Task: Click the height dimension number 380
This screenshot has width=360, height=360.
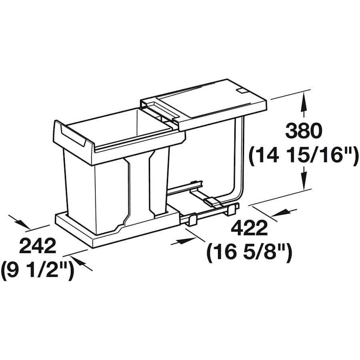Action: point(304,131)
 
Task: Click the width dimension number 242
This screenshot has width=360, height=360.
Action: point(38,246)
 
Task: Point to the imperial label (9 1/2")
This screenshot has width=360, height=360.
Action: point(38,270)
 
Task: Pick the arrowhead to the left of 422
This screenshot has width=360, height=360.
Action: point(184,241)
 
